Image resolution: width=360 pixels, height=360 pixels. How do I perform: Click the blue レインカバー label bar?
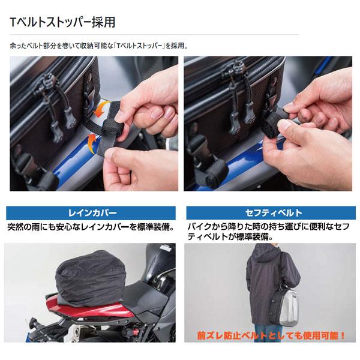(x=90, y=213)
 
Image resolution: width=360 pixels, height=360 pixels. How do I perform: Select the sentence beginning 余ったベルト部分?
(x=98, y=46)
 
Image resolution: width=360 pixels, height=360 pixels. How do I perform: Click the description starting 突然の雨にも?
(x=90, y=227)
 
